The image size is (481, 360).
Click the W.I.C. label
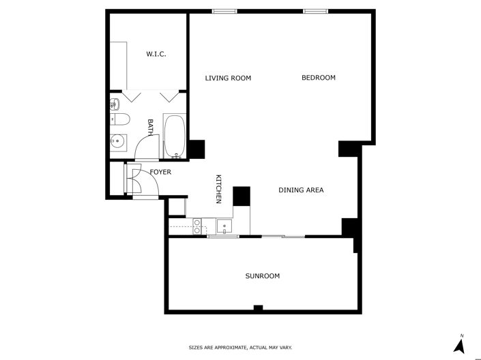[156, 54]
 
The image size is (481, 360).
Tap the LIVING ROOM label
[228, 78]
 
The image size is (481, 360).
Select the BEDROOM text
[319, 78]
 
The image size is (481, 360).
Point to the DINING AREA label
[300, 190]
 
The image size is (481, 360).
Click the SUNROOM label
[263, 276]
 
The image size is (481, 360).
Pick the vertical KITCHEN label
[219, 189]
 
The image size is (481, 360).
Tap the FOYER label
[160, 172]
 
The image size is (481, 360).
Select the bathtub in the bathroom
[174, 135]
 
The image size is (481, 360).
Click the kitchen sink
[224, 226]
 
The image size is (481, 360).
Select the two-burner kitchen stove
[197, 226]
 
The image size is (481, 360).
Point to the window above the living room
[224, 11]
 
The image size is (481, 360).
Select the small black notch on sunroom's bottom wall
[258, 309]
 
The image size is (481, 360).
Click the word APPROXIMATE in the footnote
[229, 348]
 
